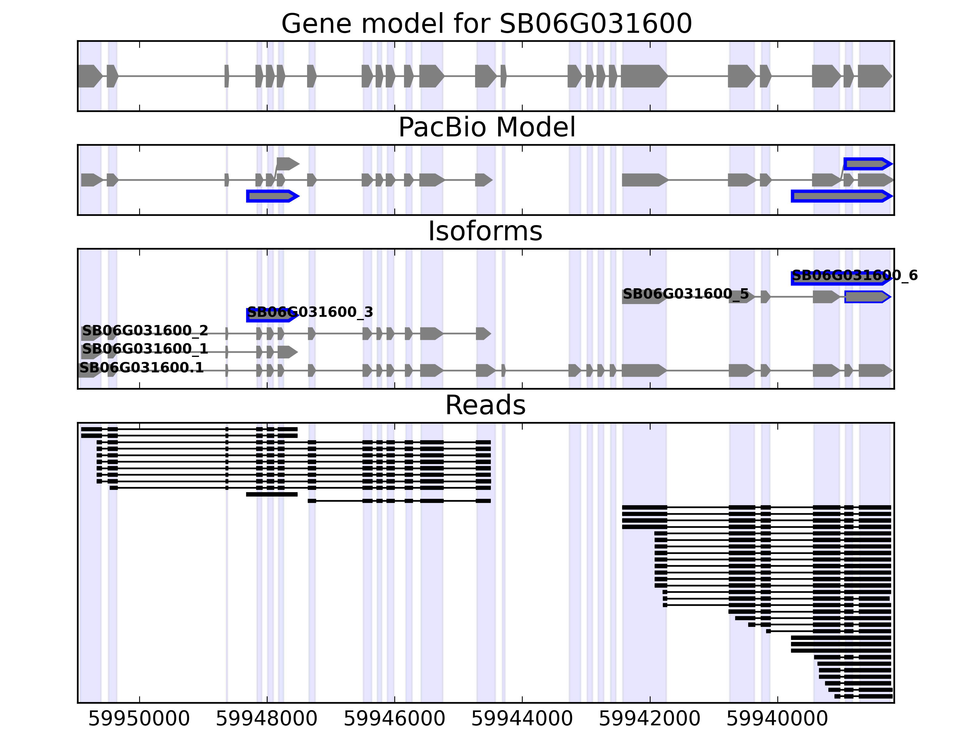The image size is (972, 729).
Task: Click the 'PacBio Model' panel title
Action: (x=486, y=128)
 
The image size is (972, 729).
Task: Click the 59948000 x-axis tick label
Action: (x=266, y=719)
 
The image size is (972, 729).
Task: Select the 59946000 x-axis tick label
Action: (x=394, y=719)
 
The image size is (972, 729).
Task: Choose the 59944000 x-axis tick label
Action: (x=522, y=719)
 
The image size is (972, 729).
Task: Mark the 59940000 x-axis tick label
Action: (x=777, y=719)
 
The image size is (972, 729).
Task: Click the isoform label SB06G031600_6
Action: (x=855, y=276)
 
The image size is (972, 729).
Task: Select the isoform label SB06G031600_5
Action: (x=686, y=294)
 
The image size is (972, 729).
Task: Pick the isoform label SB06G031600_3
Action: (x=310, y=313)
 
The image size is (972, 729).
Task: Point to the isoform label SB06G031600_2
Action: (x=145, y=330)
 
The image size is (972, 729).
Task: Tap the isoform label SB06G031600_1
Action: (x=145, y=349)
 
